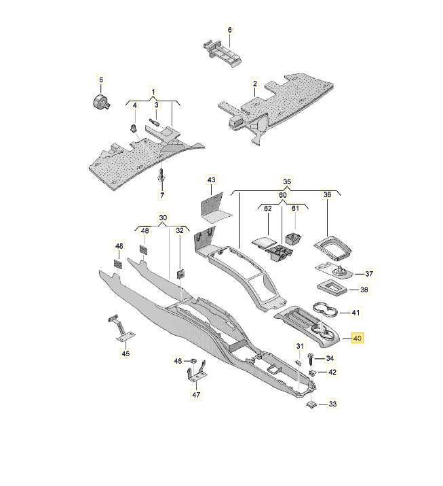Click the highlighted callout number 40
358,339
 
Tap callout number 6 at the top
229,30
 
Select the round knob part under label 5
101,103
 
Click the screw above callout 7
161,175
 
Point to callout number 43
212,180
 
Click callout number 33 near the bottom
332,405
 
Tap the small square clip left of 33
309,404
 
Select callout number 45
124,353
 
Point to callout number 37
369,274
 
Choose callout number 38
364,290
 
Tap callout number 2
254,84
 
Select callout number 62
267,209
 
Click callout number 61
295,209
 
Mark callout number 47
196,395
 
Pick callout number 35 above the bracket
287,181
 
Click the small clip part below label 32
180,273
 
